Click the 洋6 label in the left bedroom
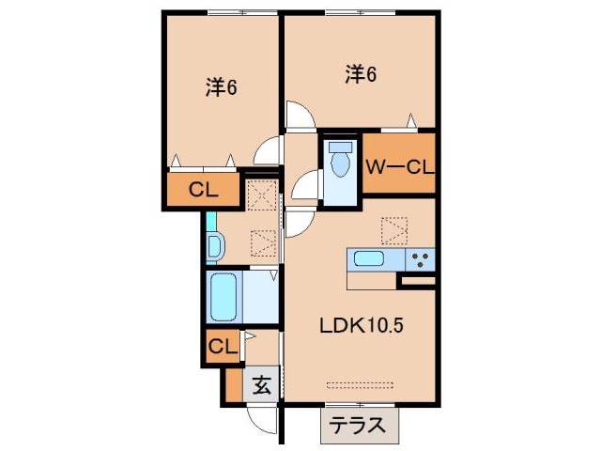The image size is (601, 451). click(221, 88)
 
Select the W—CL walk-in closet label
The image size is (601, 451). click(399, 168)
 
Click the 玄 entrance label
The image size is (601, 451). click(262, 384)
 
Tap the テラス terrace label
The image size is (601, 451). click(357, 426)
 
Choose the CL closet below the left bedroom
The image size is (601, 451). click(203, 189)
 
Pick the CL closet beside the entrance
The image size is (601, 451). click(223, 346)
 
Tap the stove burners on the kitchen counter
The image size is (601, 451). click(421, 258)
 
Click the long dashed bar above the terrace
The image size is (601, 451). click(362, 383)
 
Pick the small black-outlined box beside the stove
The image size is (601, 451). click(418, 279)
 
